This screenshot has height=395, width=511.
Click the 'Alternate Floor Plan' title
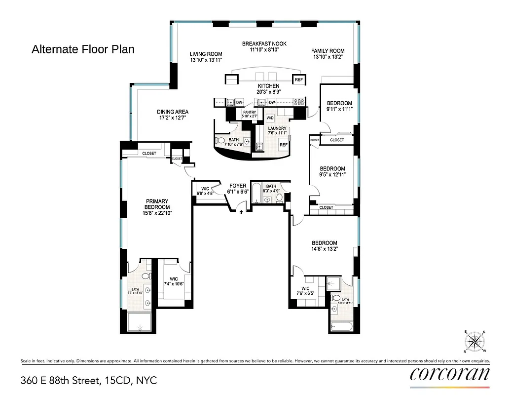[83, 49]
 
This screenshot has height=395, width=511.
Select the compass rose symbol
[475, 341]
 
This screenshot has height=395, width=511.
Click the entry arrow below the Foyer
[241, 212]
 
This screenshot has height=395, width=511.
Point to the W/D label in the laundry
[270, 118]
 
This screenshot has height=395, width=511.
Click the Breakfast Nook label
[264, 44]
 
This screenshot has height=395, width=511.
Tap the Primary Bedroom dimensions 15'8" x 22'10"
[157, 213]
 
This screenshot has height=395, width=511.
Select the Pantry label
[250, 113]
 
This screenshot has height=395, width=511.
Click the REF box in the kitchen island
[298, 80]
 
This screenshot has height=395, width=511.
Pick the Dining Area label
[173, 112]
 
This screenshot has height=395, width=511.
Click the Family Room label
[328, 51]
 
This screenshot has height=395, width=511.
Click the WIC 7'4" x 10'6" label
[174, 281]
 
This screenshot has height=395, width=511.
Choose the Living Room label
[206, 54]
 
